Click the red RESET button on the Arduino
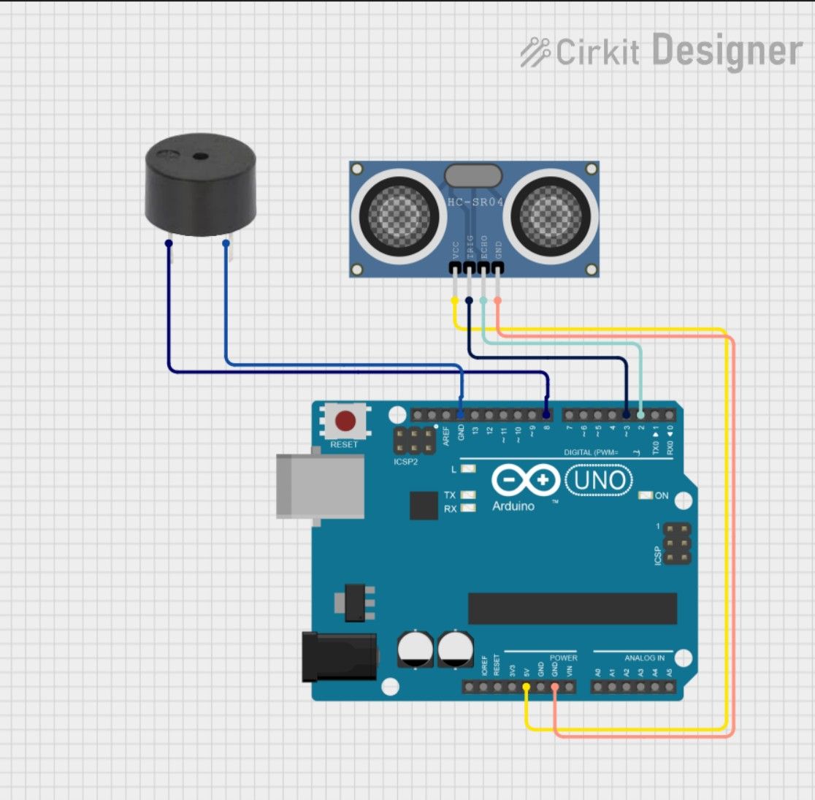[x=345, y=422]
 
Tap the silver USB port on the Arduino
[x=320, y=486]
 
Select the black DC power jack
[x=340, y=658]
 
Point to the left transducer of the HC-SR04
[x=399, y=216]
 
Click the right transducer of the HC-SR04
[x=551, y=216]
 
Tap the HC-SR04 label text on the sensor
[x=475, y=202]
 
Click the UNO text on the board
[x=600, y=481]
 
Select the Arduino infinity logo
[x=526, y=481]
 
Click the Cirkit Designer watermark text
[x=661, y=51]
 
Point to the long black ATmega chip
[x=573, y=609]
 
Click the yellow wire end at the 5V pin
[x=527, y=687]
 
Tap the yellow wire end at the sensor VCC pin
[x=455, y=300]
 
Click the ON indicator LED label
[x=662, y=495]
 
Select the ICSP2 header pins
[x=413, y=440]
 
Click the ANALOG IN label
[x=644, y=658]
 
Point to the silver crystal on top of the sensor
[x=473, y=175]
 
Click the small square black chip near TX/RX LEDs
[x=424, y=506]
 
